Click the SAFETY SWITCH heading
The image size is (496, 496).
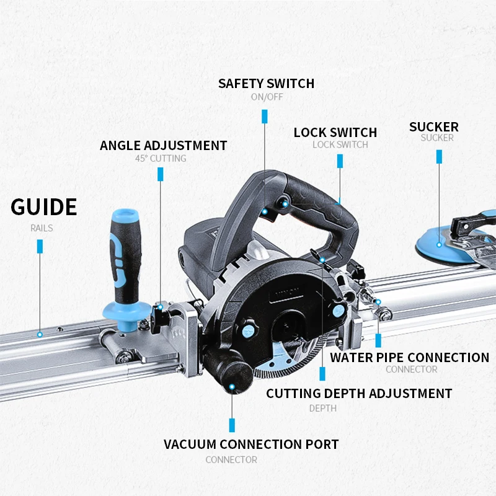(266, 83)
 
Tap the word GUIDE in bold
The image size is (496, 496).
(44, 207)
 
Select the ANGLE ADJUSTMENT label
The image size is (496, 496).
(163, 146)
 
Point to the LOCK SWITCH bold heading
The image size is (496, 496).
(335, 133)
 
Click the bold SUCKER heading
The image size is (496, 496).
(433, 127)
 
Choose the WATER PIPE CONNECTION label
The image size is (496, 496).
(409, 357)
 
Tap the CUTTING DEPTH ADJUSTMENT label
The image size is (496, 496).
(359, 393)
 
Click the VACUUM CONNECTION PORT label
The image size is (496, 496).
(251, 444)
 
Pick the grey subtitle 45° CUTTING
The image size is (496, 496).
(161, 159)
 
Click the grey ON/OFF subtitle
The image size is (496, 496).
(267, 97)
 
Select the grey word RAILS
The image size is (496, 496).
(42, 228)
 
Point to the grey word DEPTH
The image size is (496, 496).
(323, 408)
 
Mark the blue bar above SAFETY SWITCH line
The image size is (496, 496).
(265, 117)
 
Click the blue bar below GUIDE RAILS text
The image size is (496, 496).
(40, 246)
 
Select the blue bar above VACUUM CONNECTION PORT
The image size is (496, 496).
(232, 425)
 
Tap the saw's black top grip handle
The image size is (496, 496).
(310, 198)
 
